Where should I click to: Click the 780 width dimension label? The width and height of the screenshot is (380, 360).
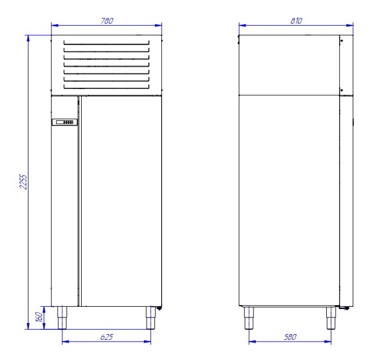pyautogui.click(x=107, y=21)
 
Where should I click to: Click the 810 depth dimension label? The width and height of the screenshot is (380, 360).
pyautogui.click(x=297, y=21)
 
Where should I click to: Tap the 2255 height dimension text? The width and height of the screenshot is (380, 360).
pyautogui.click(x=24, y=181)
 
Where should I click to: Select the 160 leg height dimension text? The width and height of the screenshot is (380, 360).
pyautogui.click(x=39, y=317)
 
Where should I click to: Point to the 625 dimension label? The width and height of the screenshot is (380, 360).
pyautogui.click(x=107, y=337)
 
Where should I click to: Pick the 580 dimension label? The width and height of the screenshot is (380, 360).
pyautogui.click(x=290, y=337)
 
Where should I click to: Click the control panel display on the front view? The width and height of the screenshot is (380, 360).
pyautogui.click(x=65, y=122)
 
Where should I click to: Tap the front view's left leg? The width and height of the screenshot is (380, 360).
pyautogui.click(x=62, y=318)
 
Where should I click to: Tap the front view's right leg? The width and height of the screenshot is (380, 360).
pyautogui.click(x=151, y=318)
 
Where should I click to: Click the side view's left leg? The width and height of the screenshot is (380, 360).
pyautogui.click(x=249, y=318)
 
